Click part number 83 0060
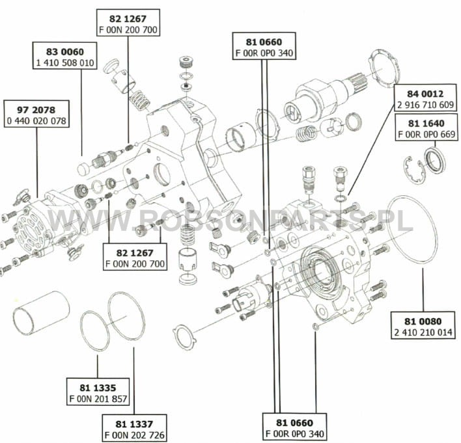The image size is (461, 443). pyautogui.click(x=65, y=51)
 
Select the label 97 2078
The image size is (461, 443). pyautogui.click(x=36, y=110)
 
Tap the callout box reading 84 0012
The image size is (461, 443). pyautogui.click(x=425, y=94)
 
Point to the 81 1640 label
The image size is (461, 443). pyautogui.click(x=426, y=123)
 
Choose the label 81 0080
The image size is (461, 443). pyautogui.click(x=423, y=321)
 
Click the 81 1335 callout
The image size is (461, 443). pyautogui.click(x=98, y=388)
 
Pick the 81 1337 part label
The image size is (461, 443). pyautogui.click(x=134, y=424)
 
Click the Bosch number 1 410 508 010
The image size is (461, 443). pyautogui.click(x=65, y=62)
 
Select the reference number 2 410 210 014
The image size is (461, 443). pyautogui.click(x=423, y=332)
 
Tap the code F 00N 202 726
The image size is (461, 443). pyautogui.click(x=134, y=435)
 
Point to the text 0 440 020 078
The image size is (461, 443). pyautogui.click(x=36, y=121)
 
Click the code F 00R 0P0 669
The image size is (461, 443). pyautogui.click(x=426, y=134)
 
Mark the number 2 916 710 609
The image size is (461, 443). pyautogui.click(x=425, y=105)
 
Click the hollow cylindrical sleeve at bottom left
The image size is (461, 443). pyautogui.click(x=41, y=313)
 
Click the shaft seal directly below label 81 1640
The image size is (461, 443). pyautogui.click(x=435, y=160)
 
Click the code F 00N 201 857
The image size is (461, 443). pyautogui.click(x=98, y=399)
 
